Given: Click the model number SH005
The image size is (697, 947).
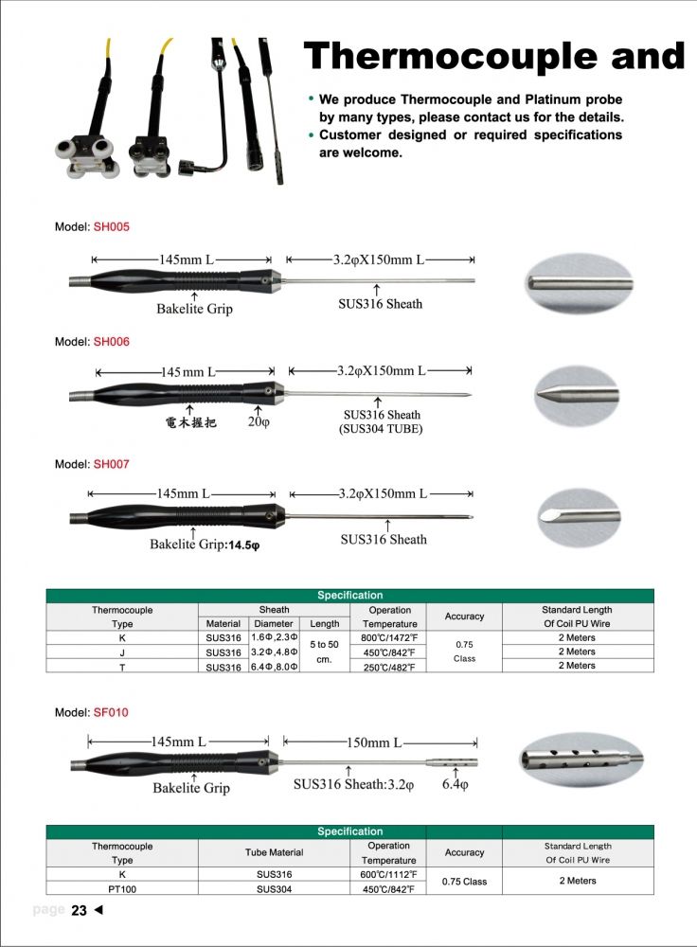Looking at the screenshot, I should pos(111,227).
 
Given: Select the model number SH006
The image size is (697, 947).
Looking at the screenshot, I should pos(111,342).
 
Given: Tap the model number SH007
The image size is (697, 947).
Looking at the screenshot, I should pos(111,464).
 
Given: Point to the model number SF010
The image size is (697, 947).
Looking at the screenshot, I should pos(110,712).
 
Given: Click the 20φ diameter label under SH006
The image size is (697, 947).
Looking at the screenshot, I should pos(259,422).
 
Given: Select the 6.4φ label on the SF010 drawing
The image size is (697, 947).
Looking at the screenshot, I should pos(456,785).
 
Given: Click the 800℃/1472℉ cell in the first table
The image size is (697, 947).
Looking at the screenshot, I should pos(390,638).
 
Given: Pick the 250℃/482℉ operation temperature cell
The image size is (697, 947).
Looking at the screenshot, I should pos(390,667).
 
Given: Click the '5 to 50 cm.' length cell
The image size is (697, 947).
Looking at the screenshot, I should pos(324,652).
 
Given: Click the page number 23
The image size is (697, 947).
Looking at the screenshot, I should pos(79,911).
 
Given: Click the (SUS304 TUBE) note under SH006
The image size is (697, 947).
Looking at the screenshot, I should pos(380,429).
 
